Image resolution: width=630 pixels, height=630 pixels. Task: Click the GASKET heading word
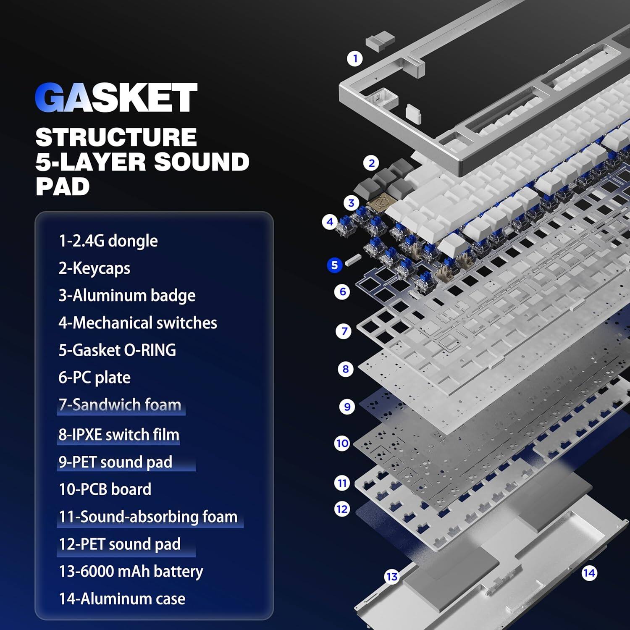click(116, 97)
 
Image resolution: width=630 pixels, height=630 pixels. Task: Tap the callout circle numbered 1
click(355, 58)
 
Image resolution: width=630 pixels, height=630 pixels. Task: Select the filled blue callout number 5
click(335, 265)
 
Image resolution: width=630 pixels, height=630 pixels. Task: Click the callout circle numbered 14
click(589, 573)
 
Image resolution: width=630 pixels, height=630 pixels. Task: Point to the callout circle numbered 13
click(391, 577)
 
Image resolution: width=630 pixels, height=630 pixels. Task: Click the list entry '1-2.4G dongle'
click(108, 241)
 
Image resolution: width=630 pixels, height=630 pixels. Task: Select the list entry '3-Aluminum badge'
click(127, 295)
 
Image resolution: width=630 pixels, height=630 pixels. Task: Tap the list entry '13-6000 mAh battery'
click(131, 571)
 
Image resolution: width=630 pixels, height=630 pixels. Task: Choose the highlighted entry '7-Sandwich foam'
click(120, 405)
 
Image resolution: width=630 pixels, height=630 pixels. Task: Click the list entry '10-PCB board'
click(105, 489)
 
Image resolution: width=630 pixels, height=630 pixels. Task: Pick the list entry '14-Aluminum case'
click(122, 598)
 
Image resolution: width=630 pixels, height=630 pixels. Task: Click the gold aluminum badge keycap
click(376, 203)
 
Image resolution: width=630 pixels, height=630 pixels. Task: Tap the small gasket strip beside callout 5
click(353, 261)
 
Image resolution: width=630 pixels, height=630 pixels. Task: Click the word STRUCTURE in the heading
click(116, 137)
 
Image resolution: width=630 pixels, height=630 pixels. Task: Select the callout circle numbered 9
click(347, 407)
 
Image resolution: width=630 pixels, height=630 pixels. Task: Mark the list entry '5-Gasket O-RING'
click(117, 350)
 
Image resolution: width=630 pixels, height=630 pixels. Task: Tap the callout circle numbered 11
click(342, 483)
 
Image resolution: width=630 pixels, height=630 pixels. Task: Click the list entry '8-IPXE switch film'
click(119, 435)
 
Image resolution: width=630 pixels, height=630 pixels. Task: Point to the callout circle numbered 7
click(344, 331)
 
